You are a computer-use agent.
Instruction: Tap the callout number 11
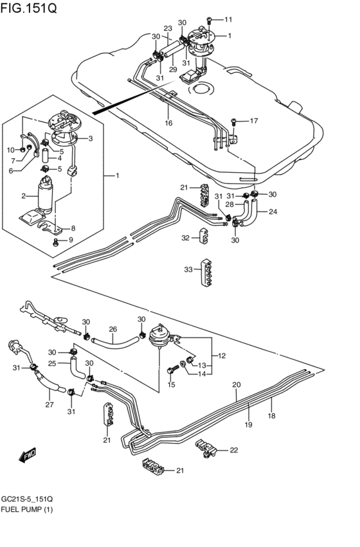tap(228, 19)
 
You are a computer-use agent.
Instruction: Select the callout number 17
tap(253, 120)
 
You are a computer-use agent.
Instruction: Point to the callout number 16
tap(168, 122)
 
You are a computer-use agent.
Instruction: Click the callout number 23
tap(168, 29)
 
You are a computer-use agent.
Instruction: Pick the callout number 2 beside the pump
tap(24, 195)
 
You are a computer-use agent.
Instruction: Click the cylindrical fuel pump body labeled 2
tap(46, 195)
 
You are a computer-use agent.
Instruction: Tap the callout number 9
tap(71, 240)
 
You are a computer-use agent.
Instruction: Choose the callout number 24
tap(273, 211)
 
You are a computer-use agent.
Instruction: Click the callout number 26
tap(113, 330)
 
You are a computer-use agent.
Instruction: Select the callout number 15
tap(171, 384)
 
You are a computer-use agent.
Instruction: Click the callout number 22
tap(233, 450)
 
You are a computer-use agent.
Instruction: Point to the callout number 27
tap(50, 405)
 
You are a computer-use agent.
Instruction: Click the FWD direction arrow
tap(26, 456)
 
